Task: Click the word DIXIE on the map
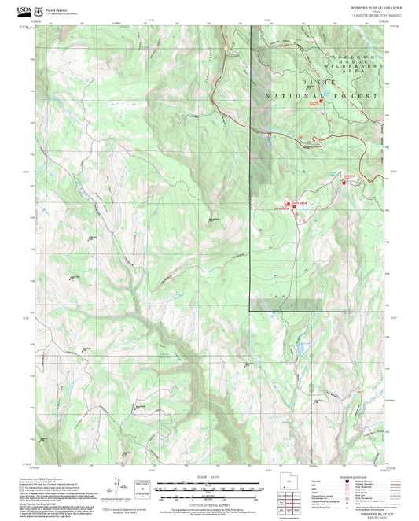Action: pyautogui.click(x=317, y=82)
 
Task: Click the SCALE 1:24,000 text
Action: pyautogui.click(x=209, y=477)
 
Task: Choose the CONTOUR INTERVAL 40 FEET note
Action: pyautogui.click(x=209, y=504)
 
